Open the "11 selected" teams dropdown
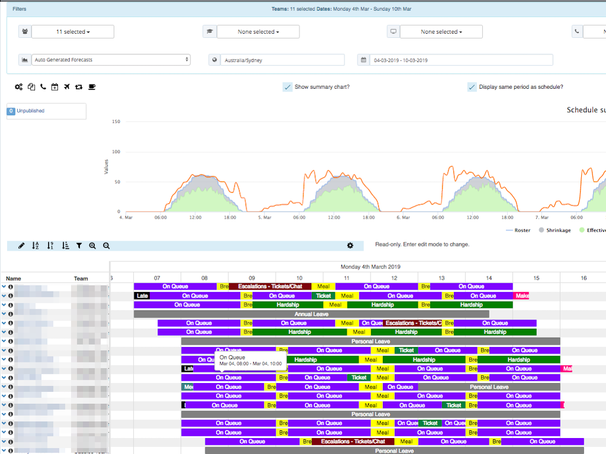pos(73,32)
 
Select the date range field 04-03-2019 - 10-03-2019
pos(460,60)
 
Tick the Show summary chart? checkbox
pos(288,87)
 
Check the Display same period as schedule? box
pos(472,87)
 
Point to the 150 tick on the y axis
pos(116,122)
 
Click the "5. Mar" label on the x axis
pos(264,218)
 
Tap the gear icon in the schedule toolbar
pos(350,245)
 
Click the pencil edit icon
pos(21,245)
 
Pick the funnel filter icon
pos(79,245)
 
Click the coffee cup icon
pos(92,87)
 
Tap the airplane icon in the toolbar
pos(66,87)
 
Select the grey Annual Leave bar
pos(311,314)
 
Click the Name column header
pos(14,278)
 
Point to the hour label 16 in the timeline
pos(584,278)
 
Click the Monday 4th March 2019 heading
pos(370,267)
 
